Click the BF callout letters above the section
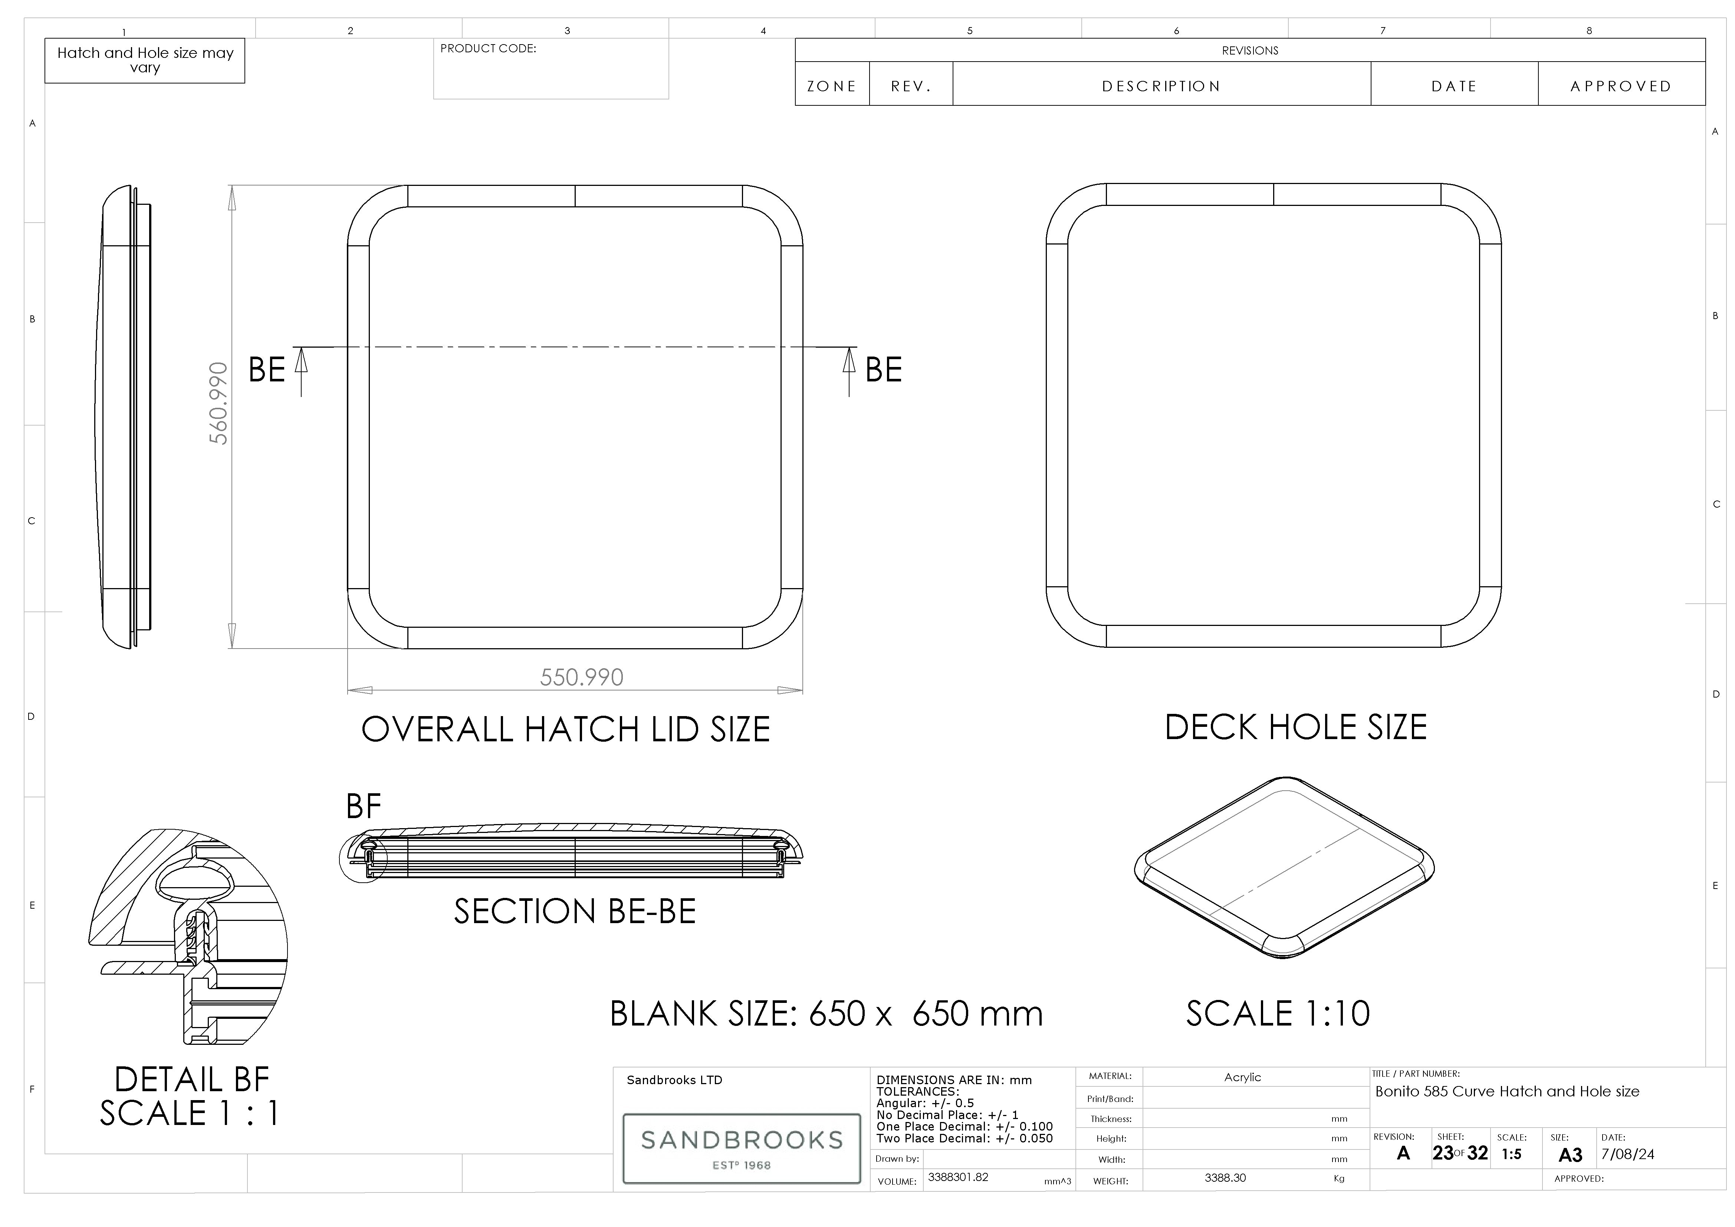pyautogui.click(x=364, y=807)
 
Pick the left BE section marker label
pyautogui.click(x=267, y=370)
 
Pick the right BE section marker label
pyautogui.click(x=883, y=370)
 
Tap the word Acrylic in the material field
pyautogui.click(x=1242, y=1077)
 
